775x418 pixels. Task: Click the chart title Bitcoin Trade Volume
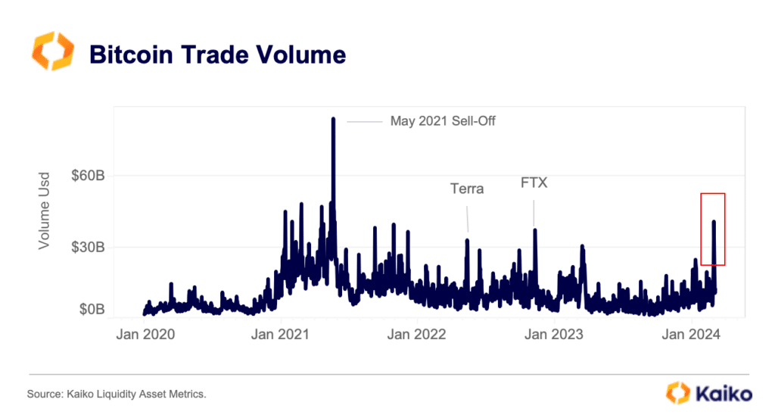217,54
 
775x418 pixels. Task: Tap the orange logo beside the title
53,52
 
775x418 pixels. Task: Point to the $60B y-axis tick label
88,176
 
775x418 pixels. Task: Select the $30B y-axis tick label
88,247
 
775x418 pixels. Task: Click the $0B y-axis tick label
92,310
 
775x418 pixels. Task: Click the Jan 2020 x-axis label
144,334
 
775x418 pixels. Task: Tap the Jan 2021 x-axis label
281,334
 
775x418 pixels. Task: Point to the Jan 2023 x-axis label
556,334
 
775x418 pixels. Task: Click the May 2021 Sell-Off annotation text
443,120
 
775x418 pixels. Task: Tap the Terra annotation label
467,189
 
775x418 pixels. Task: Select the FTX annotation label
534,183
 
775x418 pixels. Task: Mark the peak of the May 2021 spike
333,119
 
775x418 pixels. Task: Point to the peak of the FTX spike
534,229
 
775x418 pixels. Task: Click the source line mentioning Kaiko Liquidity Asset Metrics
117,395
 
